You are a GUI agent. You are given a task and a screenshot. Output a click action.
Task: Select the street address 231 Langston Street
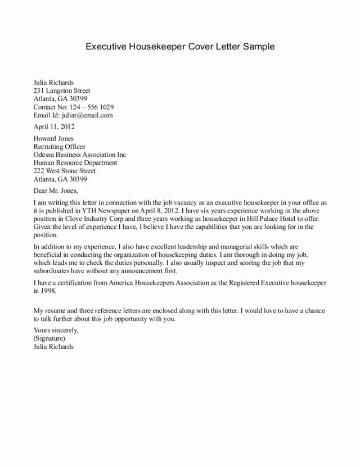pyautogui.click(x=62, y=91)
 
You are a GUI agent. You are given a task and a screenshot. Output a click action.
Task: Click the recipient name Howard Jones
pyautogui.click(x=53, y=138)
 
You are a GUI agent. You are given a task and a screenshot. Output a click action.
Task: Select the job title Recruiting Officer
pyautogui.click(x=60, y=147)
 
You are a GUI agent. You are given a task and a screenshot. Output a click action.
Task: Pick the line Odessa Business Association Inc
pyautogui.click(x=80, y=155)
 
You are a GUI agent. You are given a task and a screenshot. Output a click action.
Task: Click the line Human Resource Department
pyautogui.click(x=75, y=163)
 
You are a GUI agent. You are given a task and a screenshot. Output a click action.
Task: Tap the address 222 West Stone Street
pyautogui.click(x=65, y=171)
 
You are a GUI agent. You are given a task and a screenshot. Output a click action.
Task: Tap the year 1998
pyautogui.click(x=48, y=291)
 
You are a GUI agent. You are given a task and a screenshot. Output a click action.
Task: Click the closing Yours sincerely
pyautogui.click(x=56, y=330)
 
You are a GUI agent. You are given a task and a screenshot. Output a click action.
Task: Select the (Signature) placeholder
pyautogui.click(x=49, y=338)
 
